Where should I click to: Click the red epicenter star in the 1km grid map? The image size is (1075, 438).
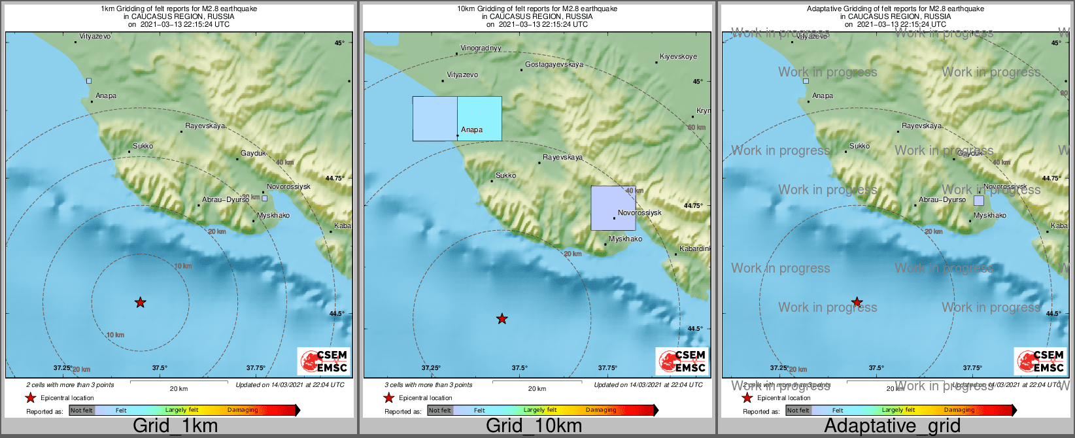tap(140, 302)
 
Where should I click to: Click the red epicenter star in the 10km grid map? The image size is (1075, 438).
tap(502, 319)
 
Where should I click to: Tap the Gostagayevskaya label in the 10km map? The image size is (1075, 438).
tap(554, 65)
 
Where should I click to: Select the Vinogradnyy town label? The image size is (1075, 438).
tap(481, 48)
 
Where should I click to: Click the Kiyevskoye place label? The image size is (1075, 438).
tap(678, 57)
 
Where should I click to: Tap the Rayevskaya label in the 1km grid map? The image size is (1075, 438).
tap(205, 126)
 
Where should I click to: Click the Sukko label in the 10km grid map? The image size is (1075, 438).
tap(505, 175)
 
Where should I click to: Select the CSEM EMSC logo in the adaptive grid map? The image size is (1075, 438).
tap(1040, 362)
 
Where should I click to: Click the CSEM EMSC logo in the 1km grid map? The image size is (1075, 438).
tap(323, 362)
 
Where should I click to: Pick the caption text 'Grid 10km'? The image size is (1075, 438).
tap(534, 426)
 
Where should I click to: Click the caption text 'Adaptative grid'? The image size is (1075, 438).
tap(892, 426)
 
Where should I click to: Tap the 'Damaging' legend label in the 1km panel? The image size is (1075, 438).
tap(243, 410)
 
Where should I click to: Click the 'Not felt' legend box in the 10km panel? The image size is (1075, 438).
tap(440, 411)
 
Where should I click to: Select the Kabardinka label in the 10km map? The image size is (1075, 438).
tap(694, 249)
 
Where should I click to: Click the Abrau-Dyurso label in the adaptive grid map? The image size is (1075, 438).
tap(942, 200)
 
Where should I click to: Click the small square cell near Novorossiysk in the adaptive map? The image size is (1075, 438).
tap(978, 201)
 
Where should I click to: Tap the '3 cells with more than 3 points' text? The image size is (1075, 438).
tap(428, 385)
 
